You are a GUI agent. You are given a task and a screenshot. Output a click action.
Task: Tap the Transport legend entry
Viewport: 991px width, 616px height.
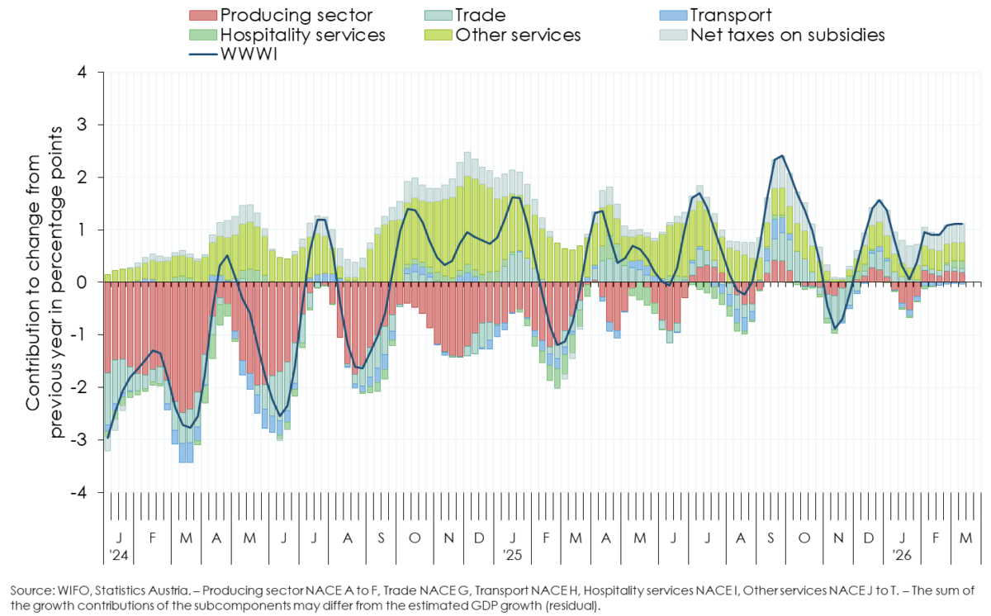(x=731, y=15)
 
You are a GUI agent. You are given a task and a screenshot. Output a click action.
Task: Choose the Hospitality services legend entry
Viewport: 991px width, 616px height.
(x=301, y=35)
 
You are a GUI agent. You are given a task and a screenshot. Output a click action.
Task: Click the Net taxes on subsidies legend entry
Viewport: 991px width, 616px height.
(x=787, y=35)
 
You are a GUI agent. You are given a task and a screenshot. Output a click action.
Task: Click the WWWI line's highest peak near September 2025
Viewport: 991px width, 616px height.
(x=781, y=155)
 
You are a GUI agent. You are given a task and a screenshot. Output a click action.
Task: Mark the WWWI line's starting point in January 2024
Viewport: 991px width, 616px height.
(x=107, y=438)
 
